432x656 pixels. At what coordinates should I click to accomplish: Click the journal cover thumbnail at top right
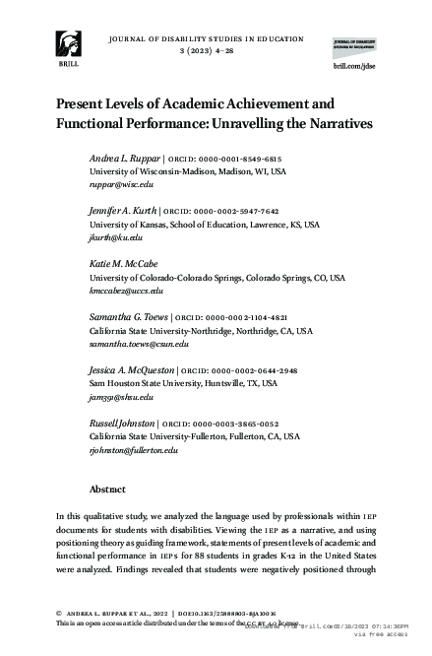357,40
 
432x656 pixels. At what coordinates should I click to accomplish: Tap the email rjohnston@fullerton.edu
134,451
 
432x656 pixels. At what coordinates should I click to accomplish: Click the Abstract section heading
107,489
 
